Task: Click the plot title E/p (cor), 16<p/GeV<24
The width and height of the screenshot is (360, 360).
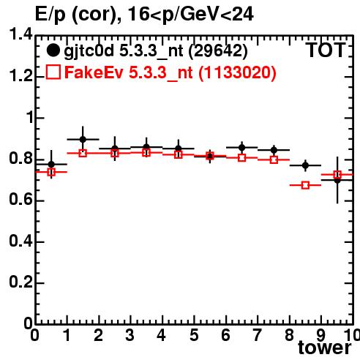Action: click(144, 15)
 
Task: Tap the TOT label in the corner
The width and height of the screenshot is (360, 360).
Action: click(326, 50)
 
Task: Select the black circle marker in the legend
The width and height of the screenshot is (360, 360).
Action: click(53, 50)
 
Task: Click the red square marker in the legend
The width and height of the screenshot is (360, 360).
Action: click(53, 72)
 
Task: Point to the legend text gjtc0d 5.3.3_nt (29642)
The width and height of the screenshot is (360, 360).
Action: click(156, 51)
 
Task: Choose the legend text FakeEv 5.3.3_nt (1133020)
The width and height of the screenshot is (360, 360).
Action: click(170, 72)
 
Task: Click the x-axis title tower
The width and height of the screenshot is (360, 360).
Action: click(325, 348)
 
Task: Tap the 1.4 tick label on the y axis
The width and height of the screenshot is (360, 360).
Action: click(20, 34)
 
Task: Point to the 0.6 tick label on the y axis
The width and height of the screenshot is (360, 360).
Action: click(20, 199)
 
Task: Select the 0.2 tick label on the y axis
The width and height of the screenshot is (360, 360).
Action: click(20, 282)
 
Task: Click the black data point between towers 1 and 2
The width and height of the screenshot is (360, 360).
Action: click(83, 140)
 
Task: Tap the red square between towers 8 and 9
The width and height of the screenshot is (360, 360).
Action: click(305, 185)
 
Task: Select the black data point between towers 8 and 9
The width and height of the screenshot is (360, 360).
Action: click(305, 165)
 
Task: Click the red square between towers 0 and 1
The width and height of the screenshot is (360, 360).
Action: click(51, 172)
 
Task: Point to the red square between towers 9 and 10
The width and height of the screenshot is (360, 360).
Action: click(337, 174)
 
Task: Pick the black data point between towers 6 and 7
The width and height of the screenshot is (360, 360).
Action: click(242, 148)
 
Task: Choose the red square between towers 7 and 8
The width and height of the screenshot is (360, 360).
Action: click(274, 160)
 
